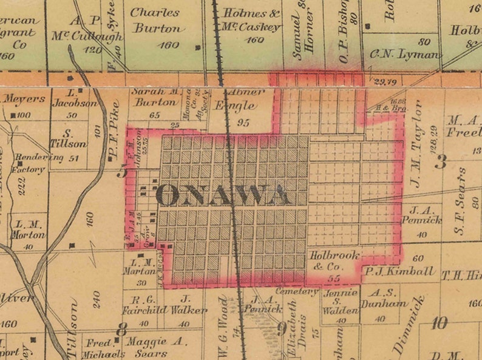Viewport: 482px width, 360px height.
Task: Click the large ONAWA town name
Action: tap(223, 195)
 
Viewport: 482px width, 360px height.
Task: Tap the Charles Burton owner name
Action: tap(157, 20)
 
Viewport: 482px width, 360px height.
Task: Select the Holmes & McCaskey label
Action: tap(251, 20)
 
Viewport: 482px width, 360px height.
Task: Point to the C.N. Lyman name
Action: tap(403, 54)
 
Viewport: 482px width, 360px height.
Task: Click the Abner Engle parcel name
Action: tap(245, 99)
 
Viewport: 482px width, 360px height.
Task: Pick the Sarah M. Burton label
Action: tap(155, 97)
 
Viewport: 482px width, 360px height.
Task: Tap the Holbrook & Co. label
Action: tap(333, 260)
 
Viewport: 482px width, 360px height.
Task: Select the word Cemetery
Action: tap(296, 291)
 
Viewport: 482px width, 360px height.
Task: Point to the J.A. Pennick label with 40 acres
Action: tap(419, 216)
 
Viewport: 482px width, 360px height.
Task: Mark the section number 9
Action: tap(282, 330)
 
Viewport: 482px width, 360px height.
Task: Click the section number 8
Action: tap(122, 330)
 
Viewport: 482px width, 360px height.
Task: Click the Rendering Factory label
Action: tap(32, 163)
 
